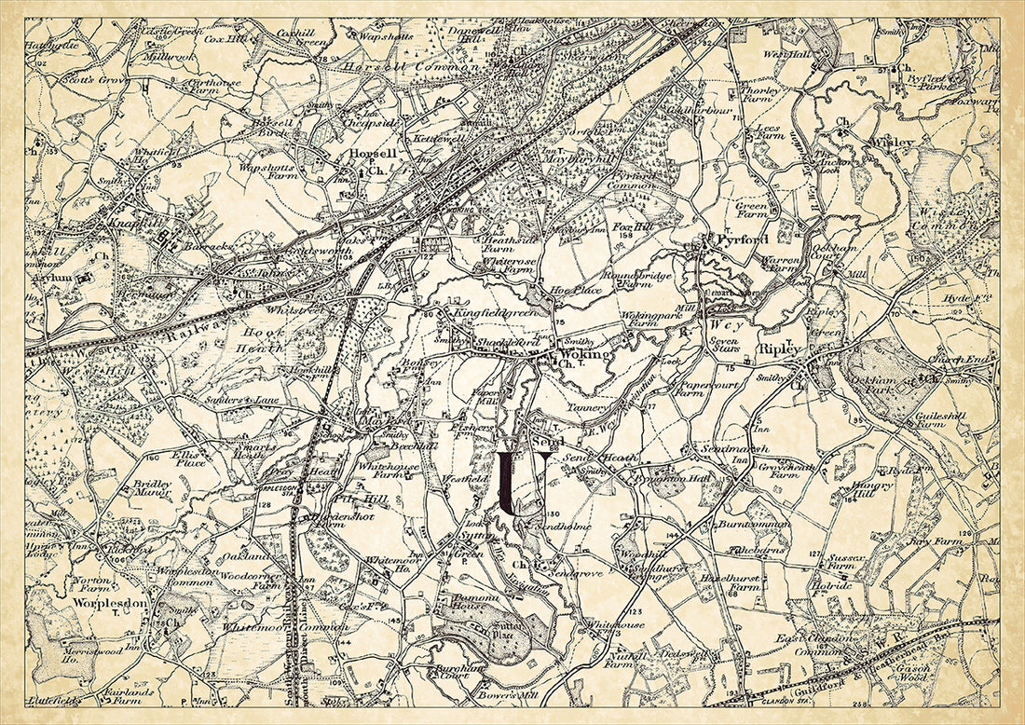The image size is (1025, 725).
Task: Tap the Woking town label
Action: point(583,355)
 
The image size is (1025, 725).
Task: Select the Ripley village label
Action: point(780,349)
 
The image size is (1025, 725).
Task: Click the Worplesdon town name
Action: point(107,603)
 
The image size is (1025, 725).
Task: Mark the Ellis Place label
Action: point(189,459)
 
